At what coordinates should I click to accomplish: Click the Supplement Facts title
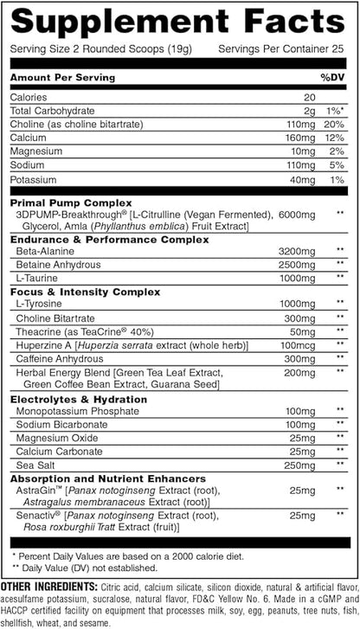pyautogui.click(x=179, y=21)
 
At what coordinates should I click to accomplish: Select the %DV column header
pyautogui.click(x=332, y=77)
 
